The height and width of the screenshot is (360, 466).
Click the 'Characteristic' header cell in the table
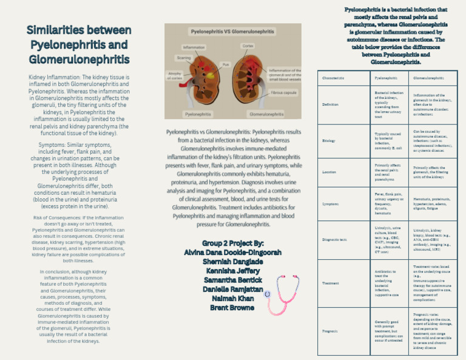(x=333, y=78)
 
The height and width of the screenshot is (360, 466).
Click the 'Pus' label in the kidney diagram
(x=225, y=64)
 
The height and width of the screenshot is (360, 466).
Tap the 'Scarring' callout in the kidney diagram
(x=183, y=58)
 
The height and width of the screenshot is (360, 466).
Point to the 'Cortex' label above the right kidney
(x=248, y=46)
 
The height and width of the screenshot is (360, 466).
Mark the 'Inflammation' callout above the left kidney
(x=194, y=47)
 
